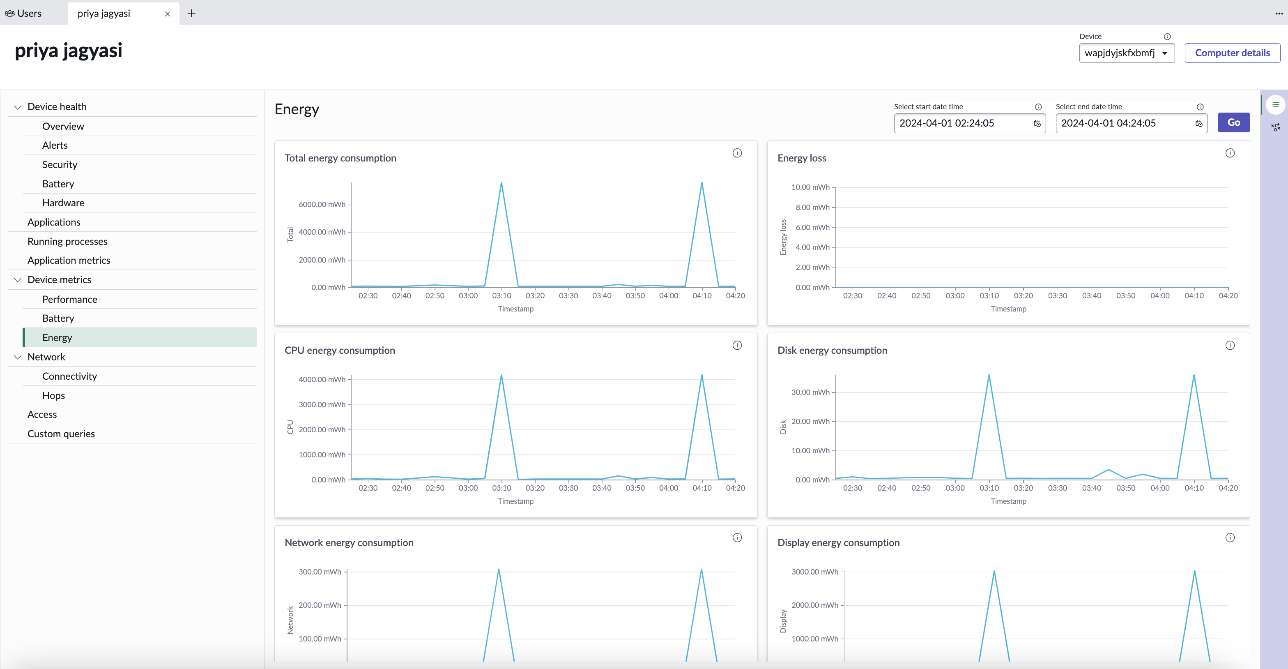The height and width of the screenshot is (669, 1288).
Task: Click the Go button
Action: [1233, 122]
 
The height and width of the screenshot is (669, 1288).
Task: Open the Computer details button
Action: [1232, 53]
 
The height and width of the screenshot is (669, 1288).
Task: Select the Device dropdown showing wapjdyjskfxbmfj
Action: [1127, 53]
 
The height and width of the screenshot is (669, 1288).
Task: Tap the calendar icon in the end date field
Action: [1198, 124]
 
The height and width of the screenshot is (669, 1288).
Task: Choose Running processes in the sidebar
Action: [67, 241]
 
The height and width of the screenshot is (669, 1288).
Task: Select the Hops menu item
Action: [53, 395]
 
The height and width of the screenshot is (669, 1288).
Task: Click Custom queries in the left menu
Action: [61, 434]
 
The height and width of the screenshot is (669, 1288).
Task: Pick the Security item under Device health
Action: [60, 165]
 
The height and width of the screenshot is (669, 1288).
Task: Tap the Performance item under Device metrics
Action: [69, 299]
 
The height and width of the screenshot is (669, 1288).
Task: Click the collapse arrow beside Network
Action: [18, 357]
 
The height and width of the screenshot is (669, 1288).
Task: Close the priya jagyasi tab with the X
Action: [168, 14]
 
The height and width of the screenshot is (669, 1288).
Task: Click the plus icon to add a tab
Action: [191, 14]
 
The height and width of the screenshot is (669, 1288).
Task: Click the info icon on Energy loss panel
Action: [1230, 153]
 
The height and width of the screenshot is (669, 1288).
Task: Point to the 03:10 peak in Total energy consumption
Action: [501, 182]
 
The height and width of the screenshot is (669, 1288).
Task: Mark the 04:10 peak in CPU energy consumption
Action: [702, 375]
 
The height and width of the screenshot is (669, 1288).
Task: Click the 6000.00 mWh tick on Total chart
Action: [322, 205]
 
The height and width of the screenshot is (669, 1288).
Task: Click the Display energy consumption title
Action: [839, 543]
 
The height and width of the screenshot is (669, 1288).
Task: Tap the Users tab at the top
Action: [23, 14]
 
